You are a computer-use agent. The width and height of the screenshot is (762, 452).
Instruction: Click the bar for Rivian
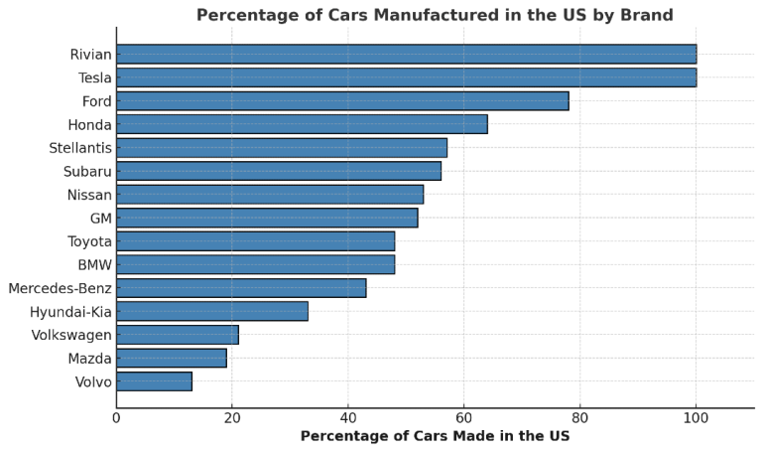[406, 54]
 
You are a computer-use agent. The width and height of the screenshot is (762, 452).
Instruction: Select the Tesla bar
[406, 77]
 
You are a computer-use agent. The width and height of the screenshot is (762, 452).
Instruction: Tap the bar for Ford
[342, 101]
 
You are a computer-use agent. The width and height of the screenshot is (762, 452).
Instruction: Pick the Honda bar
[302, 124]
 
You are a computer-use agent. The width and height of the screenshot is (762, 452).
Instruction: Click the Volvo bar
[154, 381]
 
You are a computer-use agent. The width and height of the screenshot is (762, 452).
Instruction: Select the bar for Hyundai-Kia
[212, 311]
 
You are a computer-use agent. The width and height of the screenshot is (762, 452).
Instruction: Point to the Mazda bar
[172, 358]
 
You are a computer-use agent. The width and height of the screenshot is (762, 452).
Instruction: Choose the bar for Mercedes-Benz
[241, 288]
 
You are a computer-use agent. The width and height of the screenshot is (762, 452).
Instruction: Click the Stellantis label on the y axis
[80, 148]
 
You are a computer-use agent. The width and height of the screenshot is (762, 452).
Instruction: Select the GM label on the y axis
[100, 218]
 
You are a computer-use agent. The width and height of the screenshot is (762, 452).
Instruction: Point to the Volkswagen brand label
[71, 335]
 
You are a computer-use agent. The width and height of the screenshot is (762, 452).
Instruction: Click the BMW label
[94, 264]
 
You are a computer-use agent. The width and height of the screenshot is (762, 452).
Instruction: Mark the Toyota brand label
[89, 241]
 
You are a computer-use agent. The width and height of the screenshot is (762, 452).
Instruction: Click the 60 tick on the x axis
[464, 418]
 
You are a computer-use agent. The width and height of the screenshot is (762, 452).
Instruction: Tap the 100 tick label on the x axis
[696, 418]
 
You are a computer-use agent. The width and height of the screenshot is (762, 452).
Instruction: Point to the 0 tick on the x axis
[116, 418]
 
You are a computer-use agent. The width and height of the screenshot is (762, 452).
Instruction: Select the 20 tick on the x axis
[232, 418]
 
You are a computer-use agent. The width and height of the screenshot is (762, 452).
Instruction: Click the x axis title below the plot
[435, 436]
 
